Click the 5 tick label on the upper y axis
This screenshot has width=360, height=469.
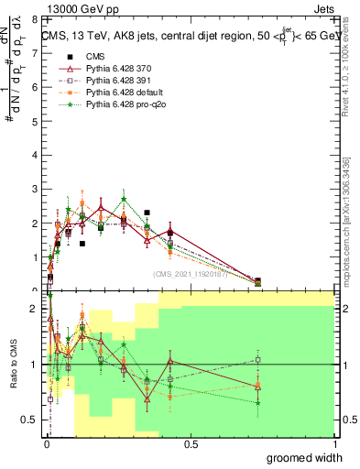tap(36, 121)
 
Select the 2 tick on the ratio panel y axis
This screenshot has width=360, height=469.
tap(36, 309)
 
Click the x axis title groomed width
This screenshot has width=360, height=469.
tap(305, 457)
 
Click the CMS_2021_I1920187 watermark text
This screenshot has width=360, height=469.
tap(189, 275)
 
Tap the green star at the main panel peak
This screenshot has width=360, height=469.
tap(124, 200)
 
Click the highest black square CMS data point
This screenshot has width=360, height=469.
tap(147, 213)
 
